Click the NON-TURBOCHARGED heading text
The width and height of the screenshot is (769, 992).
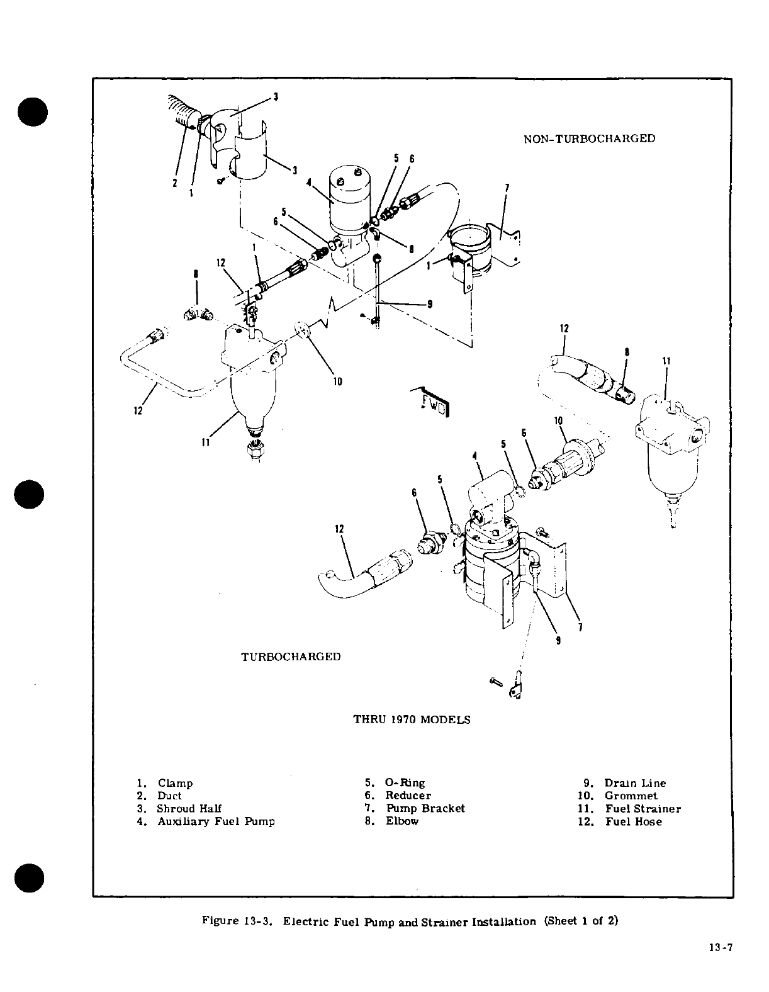point(590,138)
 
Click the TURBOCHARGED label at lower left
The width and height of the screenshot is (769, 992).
point(291,657)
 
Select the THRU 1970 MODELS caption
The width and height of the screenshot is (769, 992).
point(412,719)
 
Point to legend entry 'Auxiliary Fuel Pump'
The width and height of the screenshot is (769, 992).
point(215,821)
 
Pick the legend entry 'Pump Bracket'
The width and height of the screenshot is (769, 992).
point(425,808)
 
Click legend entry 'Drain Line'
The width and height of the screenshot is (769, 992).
point(634,783)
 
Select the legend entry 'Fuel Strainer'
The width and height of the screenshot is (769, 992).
point(643,809)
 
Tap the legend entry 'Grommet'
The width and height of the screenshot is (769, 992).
point(631,796)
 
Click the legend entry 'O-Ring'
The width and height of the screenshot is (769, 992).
point(405,783)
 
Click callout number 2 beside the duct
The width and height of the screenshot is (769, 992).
point(176,183)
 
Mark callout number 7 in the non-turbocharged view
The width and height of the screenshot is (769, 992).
point(507,187)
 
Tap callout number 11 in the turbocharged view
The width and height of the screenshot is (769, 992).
point(666,361)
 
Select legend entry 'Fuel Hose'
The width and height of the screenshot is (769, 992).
point(633,821)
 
